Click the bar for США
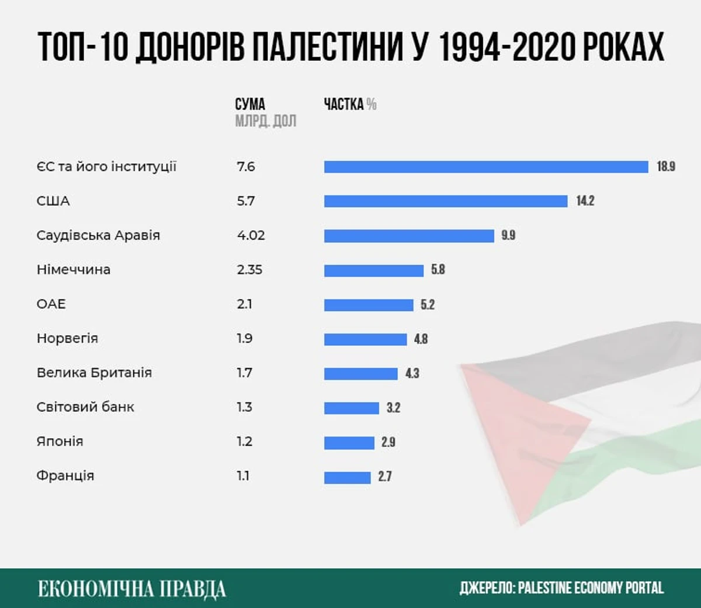pyautogui.click(x=446, y=201)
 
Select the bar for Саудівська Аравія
pyautogui.click(x=409, y=235)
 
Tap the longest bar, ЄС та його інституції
pyautogui.click(x=486, y=167)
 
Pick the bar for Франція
pyautogui.click(x=347, y=477)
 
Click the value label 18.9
pyautogui.click(x=666, y=166)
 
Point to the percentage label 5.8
pyautogui.click(x=438, y=269)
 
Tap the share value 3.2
pyautogui.click(x=393, y=408)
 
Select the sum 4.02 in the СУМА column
pyautogui.click(x=251, y=235)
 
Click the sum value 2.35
pyautogui.click(x=249, y=269)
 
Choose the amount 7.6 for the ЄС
pyautogui.click(x=246, y=166)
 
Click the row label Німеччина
pyautogui.click(x=74, y=269)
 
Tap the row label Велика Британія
pyautogui.click(x=94, y=373)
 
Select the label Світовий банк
pyautogui.click(x=85, y=407)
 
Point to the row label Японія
pyautogui.click(x=60, y=441)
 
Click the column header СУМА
pyautogui.click(x=250, y=105)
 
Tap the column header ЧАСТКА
pyautogui.click(x=344, y=105)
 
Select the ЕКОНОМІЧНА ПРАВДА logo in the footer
pyautogui.click(x=132, y=588)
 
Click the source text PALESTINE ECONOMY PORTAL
pyautogui.click(x=591, y=588)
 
